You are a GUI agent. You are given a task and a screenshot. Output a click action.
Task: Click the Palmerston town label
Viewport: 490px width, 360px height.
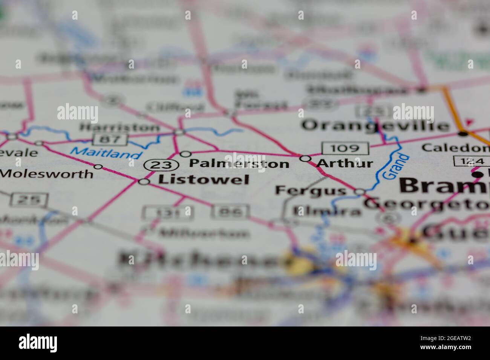(x=239, y=163)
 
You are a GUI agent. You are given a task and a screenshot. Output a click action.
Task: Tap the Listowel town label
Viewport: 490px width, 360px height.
(x=204, y=180)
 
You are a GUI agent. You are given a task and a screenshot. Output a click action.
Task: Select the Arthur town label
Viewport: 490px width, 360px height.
(x=345, y=163)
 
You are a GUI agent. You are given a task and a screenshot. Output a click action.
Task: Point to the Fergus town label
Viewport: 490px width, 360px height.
(x=310, y=190)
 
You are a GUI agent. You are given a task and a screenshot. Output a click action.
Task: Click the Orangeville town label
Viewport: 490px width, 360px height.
(x=376, y=125)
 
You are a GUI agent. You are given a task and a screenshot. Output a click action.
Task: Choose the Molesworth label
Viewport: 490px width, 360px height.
(x=47, y=174)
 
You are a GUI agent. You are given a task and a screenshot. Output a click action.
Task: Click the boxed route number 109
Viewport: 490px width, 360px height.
(x=345, y=148)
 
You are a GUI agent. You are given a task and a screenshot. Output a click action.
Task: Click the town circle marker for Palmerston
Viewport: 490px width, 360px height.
(x=185, y=154)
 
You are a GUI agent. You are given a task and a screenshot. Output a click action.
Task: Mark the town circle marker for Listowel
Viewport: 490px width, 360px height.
(x=144, y=182)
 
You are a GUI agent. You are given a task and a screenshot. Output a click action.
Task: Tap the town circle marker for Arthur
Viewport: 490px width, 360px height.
(x=305, y=159)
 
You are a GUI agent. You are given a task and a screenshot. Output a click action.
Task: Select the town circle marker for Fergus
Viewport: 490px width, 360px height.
(x=360, y=192)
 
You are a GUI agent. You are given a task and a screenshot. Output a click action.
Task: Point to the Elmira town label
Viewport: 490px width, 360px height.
(x=326, y=212)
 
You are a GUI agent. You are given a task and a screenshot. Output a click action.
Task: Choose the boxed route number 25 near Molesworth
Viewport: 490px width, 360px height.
(x=29, y=200)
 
